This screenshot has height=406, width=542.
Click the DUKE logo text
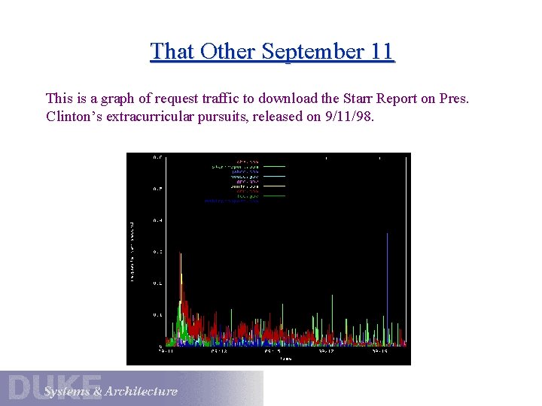click(54, 386)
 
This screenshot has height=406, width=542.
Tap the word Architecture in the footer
click(142, 392)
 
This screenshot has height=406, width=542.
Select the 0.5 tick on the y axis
click(157, 189)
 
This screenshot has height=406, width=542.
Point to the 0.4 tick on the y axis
click(157, 220)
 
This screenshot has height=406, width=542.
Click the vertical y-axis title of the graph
click(133, 252)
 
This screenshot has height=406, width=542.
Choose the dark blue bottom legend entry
click(232, 201)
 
